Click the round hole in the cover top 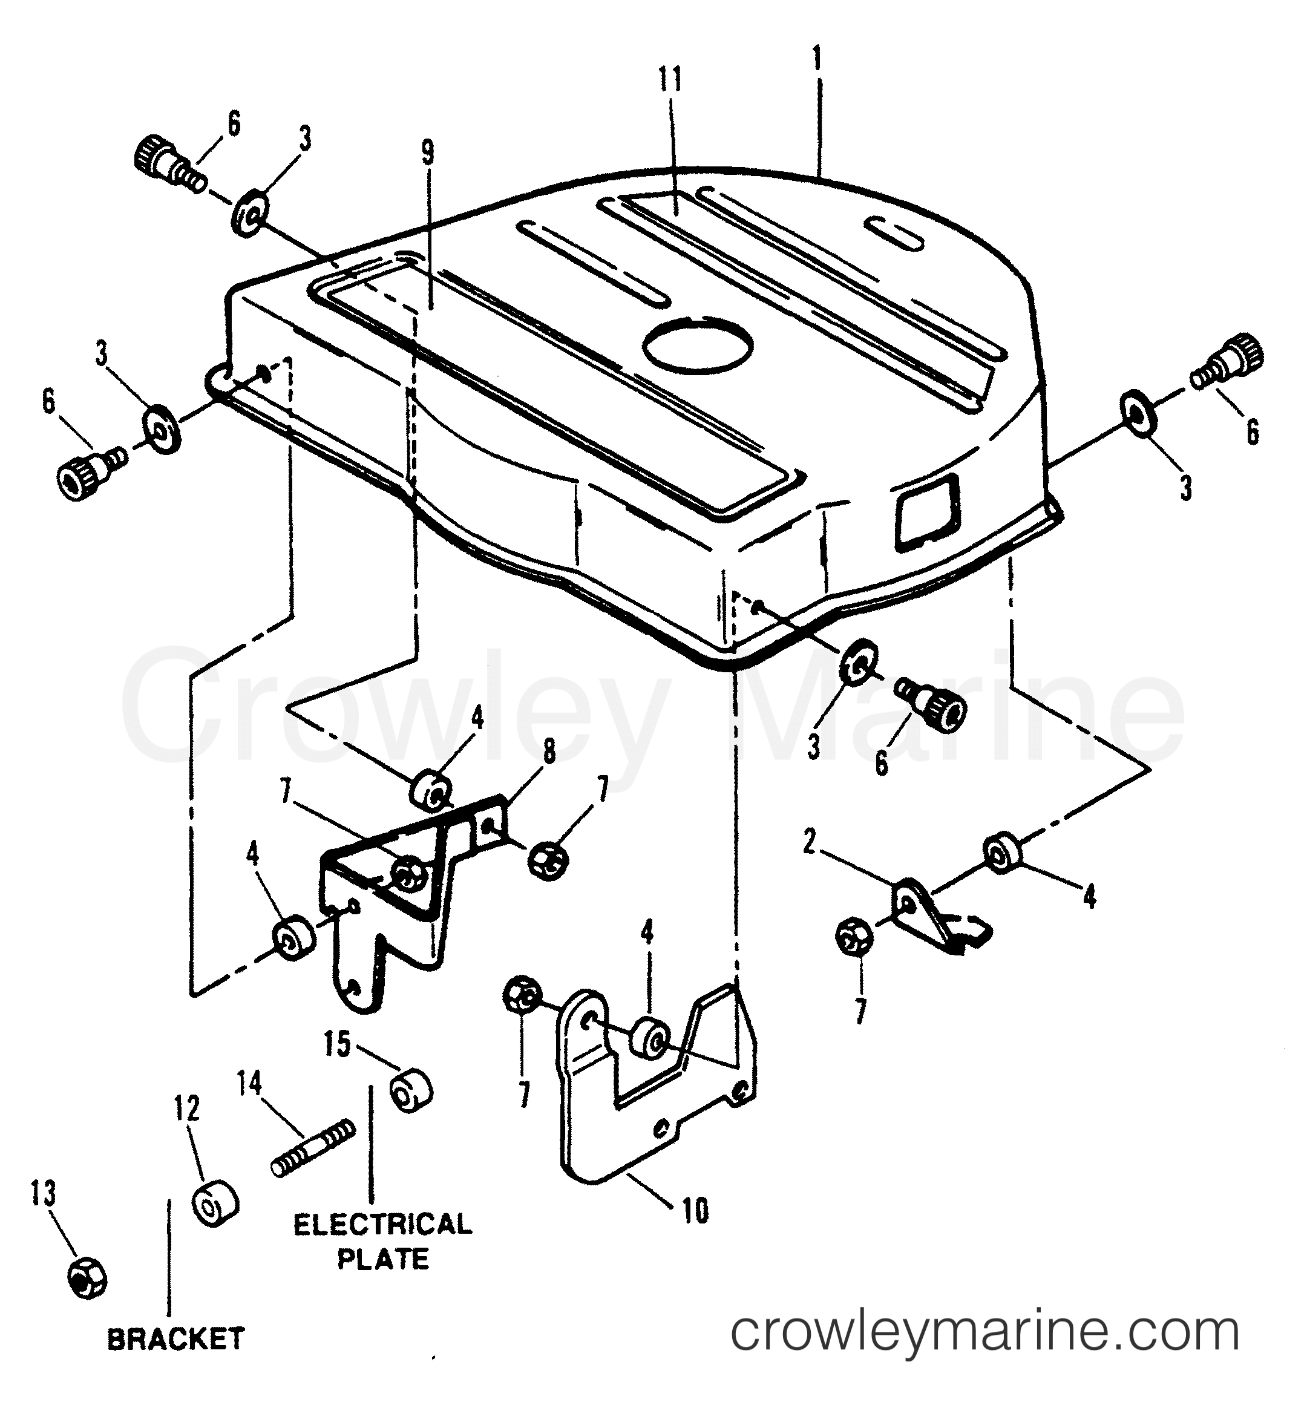pyautogui.click(x=698, y=346)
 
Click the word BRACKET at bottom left pyautogui.click(x=175, y=1338)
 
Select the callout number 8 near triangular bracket pyautogui.click(x=549, y=753)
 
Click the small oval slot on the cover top pyautogui.click(x=895, y=232)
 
